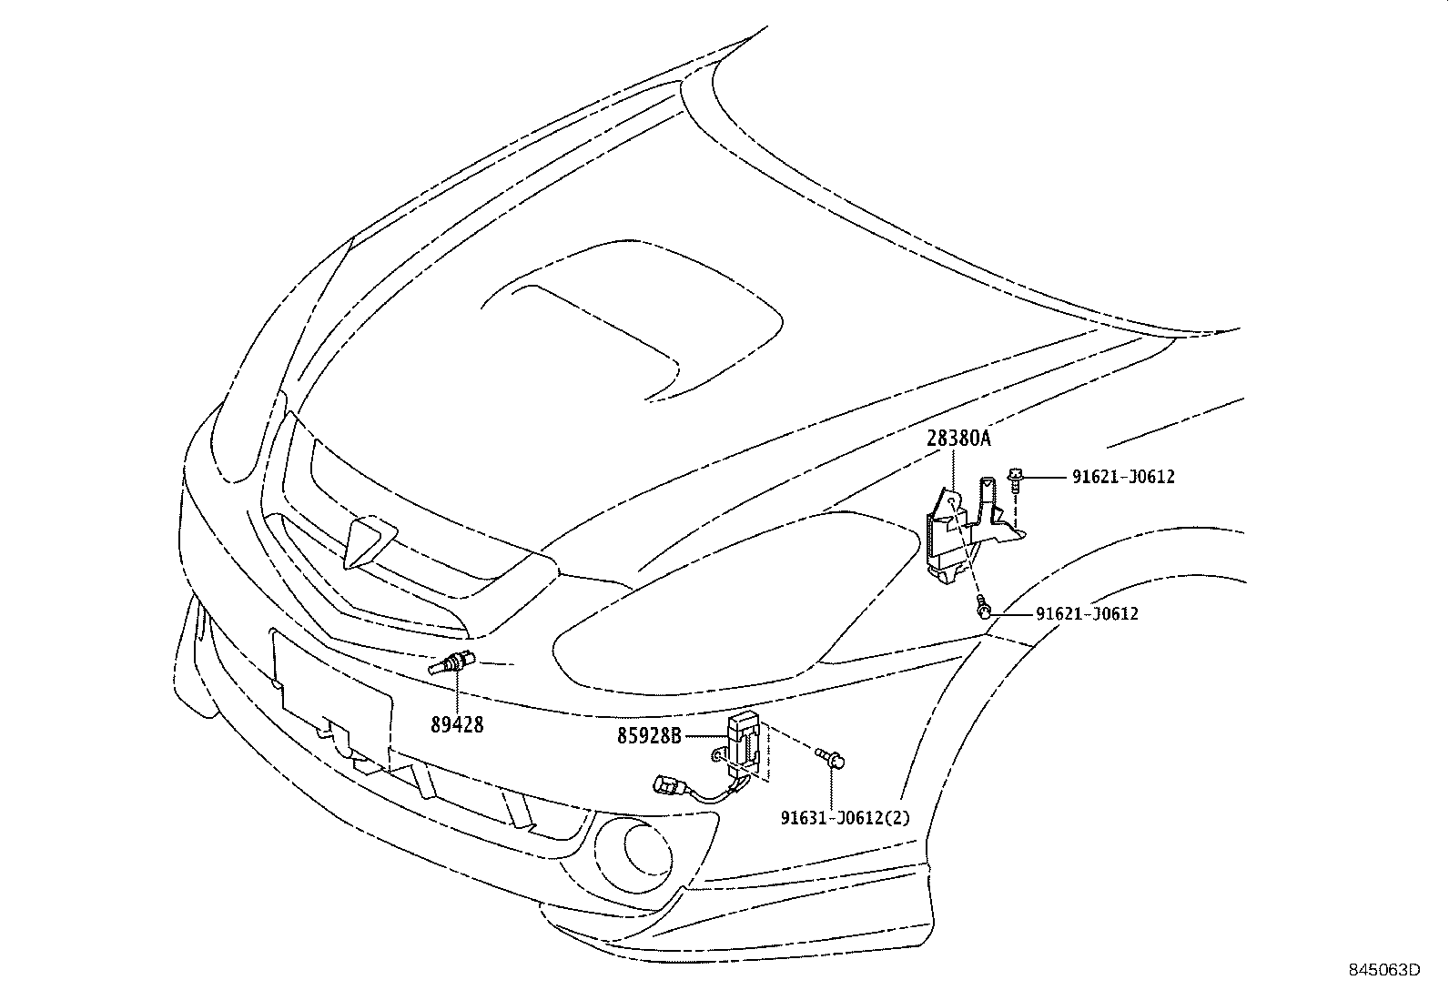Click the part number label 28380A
[x=958, y=439]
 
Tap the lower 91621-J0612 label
[x=1087, y=614]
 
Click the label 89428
[x=457, y=724]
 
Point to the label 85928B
[x=649, y=735]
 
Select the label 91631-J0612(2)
[x=844, y=817]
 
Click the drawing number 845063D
[x=1384, y=969]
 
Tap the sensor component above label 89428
[x=451, y=665]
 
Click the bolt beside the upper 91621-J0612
[x=1015, y=478]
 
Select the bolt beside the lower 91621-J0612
[x=983, y=610]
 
